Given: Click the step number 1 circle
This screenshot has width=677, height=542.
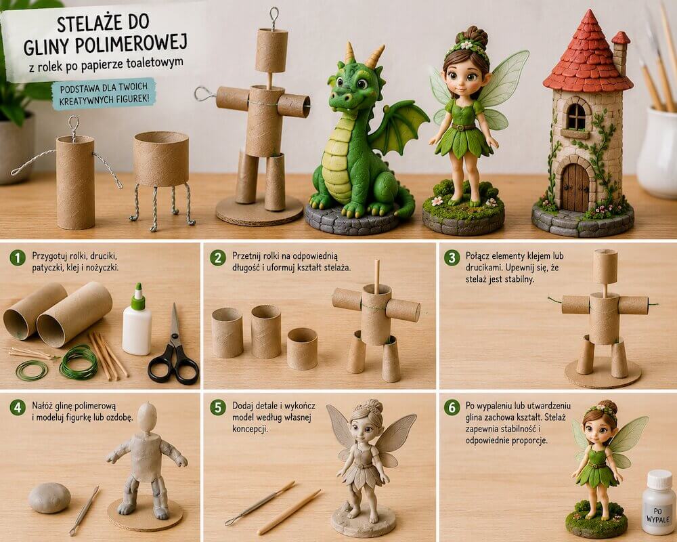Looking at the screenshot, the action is [18, 258].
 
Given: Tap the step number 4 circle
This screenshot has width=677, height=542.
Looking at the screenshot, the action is [18, 408].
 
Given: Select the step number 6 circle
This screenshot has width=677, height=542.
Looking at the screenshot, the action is [452, 408].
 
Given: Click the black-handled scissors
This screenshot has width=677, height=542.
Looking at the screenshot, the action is [174, 350].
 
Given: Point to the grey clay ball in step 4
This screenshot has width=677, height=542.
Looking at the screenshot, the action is [49, 498].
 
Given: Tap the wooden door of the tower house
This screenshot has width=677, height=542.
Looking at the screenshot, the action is [575, 187].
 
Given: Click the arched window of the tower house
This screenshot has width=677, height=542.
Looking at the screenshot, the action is [575, 116].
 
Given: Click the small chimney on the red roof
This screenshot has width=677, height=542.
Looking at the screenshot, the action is [621, 52].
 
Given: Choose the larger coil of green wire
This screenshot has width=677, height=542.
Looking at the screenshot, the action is [79, 362].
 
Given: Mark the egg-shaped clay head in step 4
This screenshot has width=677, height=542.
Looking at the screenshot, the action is [147, 416].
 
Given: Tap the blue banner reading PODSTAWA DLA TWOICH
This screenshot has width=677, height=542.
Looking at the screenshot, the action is [103, 94].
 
